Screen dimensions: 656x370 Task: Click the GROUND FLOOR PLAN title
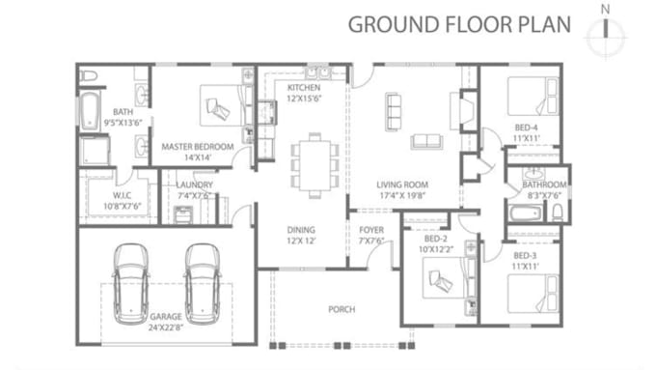click(x=459, y=24)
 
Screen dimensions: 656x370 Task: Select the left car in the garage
click(x=131, y=284)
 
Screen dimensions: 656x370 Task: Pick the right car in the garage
click(x=203, y=284)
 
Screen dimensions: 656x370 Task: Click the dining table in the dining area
click(x=314, y=165)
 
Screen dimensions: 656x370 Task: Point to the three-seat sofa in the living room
click(x=394, y=111)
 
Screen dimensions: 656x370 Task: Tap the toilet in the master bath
click(x=89, y=76)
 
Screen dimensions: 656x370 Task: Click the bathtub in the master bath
click(x=90, y=111)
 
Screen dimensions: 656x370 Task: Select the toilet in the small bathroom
click(x=558, y=213)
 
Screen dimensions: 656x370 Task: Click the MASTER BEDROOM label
click(x=198, y=147)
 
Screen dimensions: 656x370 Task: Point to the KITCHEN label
click(x=304, y=88)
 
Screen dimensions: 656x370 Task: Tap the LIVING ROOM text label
click(x=402, y=185)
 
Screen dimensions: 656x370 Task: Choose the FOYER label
click(x=371, y=230)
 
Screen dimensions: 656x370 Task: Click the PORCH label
click(x=342, y=309)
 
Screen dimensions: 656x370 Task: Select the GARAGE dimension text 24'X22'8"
click(x=166, y=327)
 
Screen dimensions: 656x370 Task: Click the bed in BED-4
click(x=533, y=96)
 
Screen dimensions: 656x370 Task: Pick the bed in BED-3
click(x=533, y=294)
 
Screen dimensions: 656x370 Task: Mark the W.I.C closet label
click(x=122, y=195)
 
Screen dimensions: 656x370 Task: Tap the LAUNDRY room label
click(x=194, y=185)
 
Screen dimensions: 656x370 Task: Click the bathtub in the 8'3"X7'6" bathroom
click(x=526, y=213)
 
